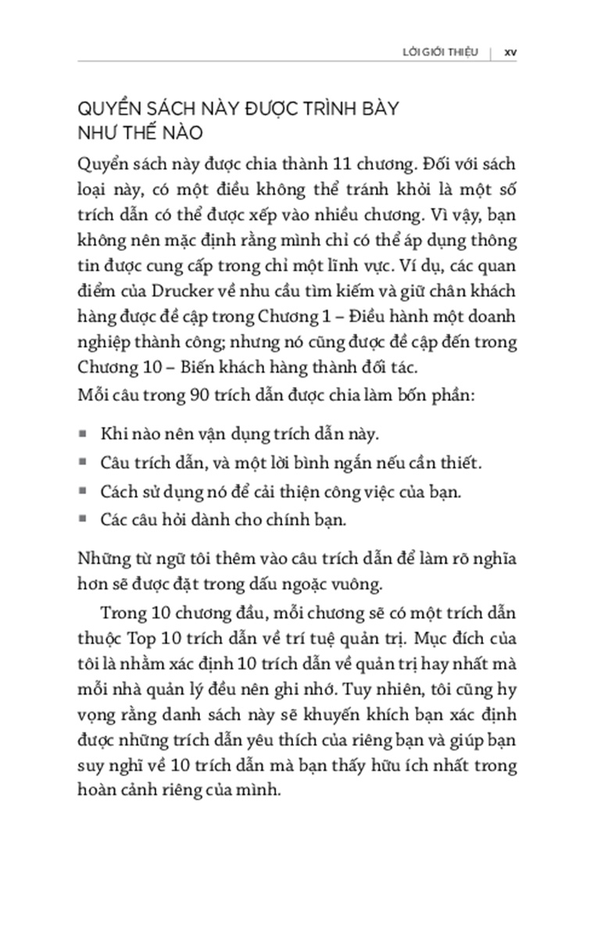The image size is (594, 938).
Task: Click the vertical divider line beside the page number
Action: tap(491, 53)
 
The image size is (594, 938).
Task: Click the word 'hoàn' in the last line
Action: tap(98, 789)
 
